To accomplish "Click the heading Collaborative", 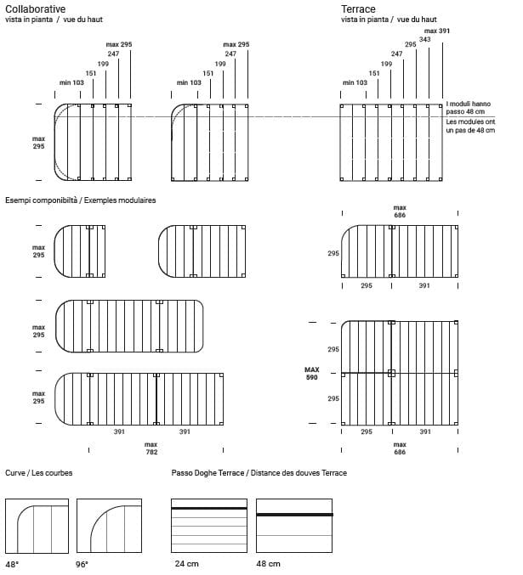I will [36, 8].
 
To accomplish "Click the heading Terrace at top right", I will [358, 8].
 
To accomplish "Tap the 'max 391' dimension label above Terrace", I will [437, 30].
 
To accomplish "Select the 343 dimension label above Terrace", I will [424, 39].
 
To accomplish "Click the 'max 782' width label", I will [151, 448].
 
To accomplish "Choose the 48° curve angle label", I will [12, 564].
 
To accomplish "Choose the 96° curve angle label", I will [82, 564].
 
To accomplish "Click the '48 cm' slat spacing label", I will [270, 564].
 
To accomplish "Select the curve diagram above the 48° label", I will [37, 527].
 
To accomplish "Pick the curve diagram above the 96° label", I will [110, 527].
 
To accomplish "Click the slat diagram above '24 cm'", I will [208, 527].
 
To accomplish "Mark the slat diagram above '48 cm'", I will [293, 527].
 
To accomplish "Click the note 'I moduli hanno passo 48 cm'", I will [468, 108].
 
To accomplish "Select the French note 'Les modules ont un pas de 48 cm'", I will [469, 127].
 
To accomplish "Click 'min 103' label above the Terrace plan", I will [355, 82].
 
